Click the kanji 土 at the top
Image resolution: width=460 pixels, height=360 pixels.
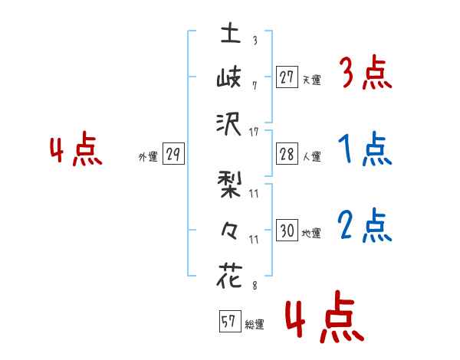(230, 34)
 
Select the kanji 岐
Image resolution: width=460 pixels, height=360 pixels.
(230, 78)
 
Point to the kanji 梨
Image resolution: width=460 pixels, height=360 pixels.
(230, 187)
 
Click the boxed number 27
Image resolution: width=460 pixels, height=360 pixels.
(287, 77)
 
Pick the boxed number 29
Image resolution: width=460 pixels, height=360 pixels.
(172, 155)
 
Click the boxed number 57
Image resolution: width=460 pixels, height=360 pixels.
(228, 322)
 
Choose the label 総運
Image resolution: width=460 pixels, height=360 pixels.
(254, 325)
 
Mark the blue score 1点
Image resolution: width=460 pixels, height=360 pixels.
(365, 149)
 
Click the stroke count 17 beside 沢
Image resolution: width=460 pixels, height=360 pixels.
(255, 132)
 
